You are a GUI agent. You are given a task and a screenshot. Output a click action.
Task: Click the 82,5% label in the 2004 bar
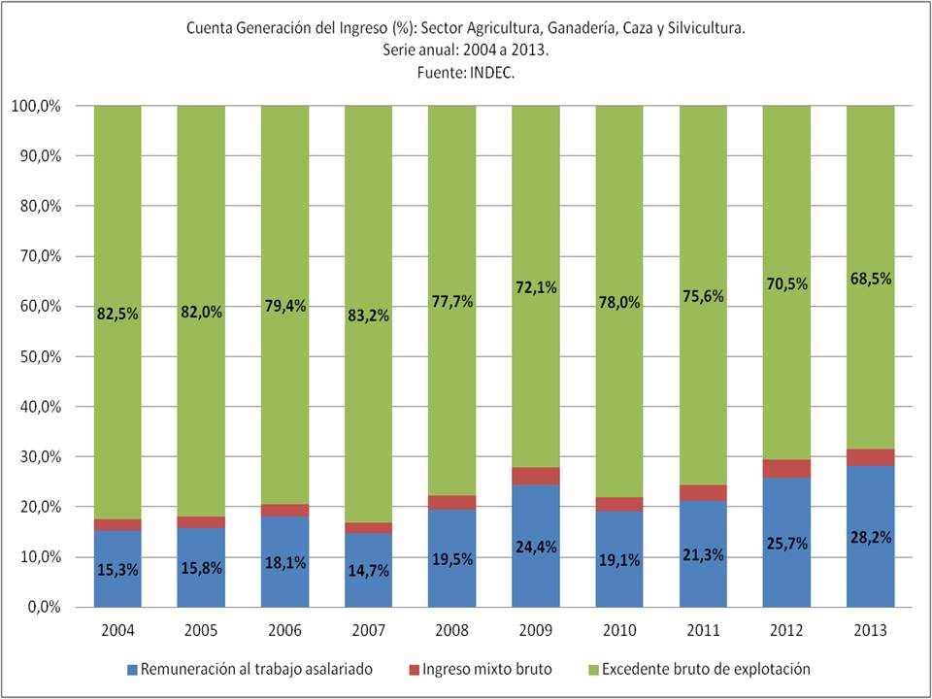click(x=117, y=314)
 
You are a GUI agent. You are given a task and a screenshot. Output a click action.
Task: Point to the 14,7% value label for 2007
click(x=369, y=571)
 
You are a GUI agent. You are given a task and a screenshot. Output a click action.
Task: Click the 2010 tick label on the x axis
click(x=619, y=632)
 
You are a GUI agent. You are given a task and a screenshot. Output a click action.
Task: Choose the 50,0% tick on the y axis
click(x=36, y=356)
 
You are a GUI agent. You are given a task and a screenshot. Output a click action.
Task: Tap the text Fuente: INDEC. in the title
click(x=466, y=72)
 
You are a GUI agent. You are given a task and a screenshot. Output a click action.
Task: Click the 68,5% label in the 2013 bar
click(x=871, y=279)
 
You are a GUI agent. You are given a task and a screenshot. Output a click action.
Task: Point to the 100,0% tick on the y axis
click(x=33, y=106)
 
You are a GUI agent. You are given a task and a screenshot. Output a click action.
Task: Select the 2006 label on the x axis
click(x=284, y=632)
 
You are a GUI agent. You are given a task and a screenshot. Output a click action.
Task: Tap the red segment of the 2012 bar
click(x=786, y=469)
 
